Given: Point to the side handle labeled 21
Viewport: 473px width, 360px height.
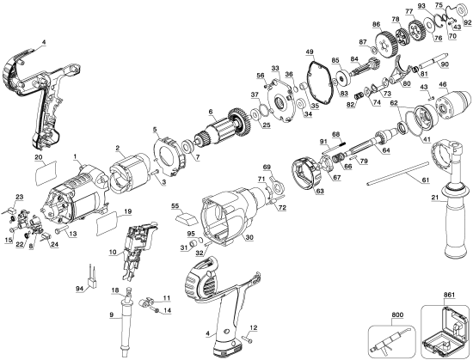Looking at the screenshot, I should (450, 219).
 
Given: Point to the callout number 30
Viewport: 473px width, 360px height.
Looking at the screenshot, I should (249, 238).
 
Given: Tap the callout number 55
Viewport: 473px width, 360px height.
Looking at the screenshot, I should (177, 207).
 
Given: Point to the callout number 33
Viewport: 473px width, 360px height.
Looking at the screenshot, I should (275, 67).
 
